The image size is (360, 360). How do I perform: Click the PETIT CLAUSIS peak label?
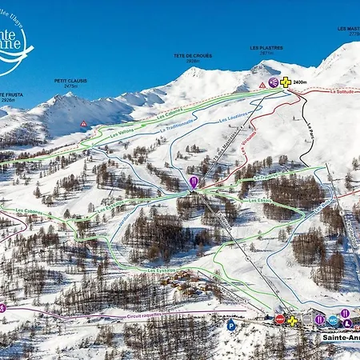pos(70,80)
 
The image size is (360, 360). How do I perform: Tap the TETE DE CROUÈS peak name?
pos(193,55)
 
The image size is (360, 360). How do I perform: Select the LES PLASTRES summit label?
pos(266,47)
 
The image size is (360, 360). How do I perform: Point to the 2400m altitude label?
pos(301,82)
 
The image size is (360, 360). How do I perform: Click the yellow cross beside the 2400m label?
pos(286,82)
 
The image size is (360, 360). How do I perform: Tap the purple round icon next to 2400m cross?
pos(274,82)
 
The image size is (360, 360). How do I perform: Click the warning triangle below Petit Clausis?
pos(83,124)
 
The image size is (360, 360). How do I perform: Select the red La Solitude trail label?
pos(342,91)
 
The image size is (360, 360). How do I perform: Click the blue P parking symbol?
pos(231,325)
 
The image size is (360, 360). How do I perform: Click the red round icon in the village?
pos(279,319)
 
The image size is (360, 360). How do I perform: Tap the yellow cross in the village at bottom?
pos(292,321)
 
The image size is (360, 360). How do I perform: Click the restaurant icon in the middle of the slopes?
pos(194,182)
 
